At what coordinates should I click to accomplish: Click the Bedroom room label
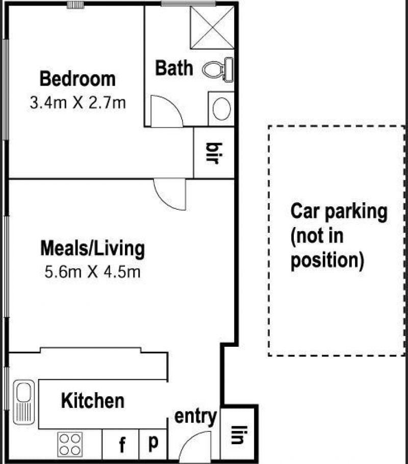coord(78,79)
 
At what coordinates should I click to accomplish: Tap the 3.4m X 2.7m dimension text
coord(78,103)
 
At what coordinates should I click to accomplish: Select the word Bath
coord(174,68)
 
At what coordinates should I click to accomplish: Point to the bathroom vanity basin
coord(221,108)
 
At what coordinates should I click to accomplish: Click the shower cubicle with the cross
coord(212,27)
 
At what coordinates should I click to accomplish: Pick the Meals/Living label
coord(92,249)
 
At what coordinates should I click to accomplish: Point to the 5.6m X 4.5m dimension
coord(92,272)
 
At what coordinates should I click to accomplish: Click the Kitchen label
coord(92,401)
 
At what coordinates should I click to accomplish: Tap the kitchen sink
coord(24,402)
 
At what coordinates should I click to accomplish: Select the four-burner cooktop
coord(70,445)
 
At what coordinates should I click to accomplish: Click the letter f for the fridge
coord(122,445)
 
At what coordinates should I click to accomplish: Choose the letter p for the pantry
coord(153,443)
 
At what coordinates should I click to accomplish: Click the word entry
coord(195,417)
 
